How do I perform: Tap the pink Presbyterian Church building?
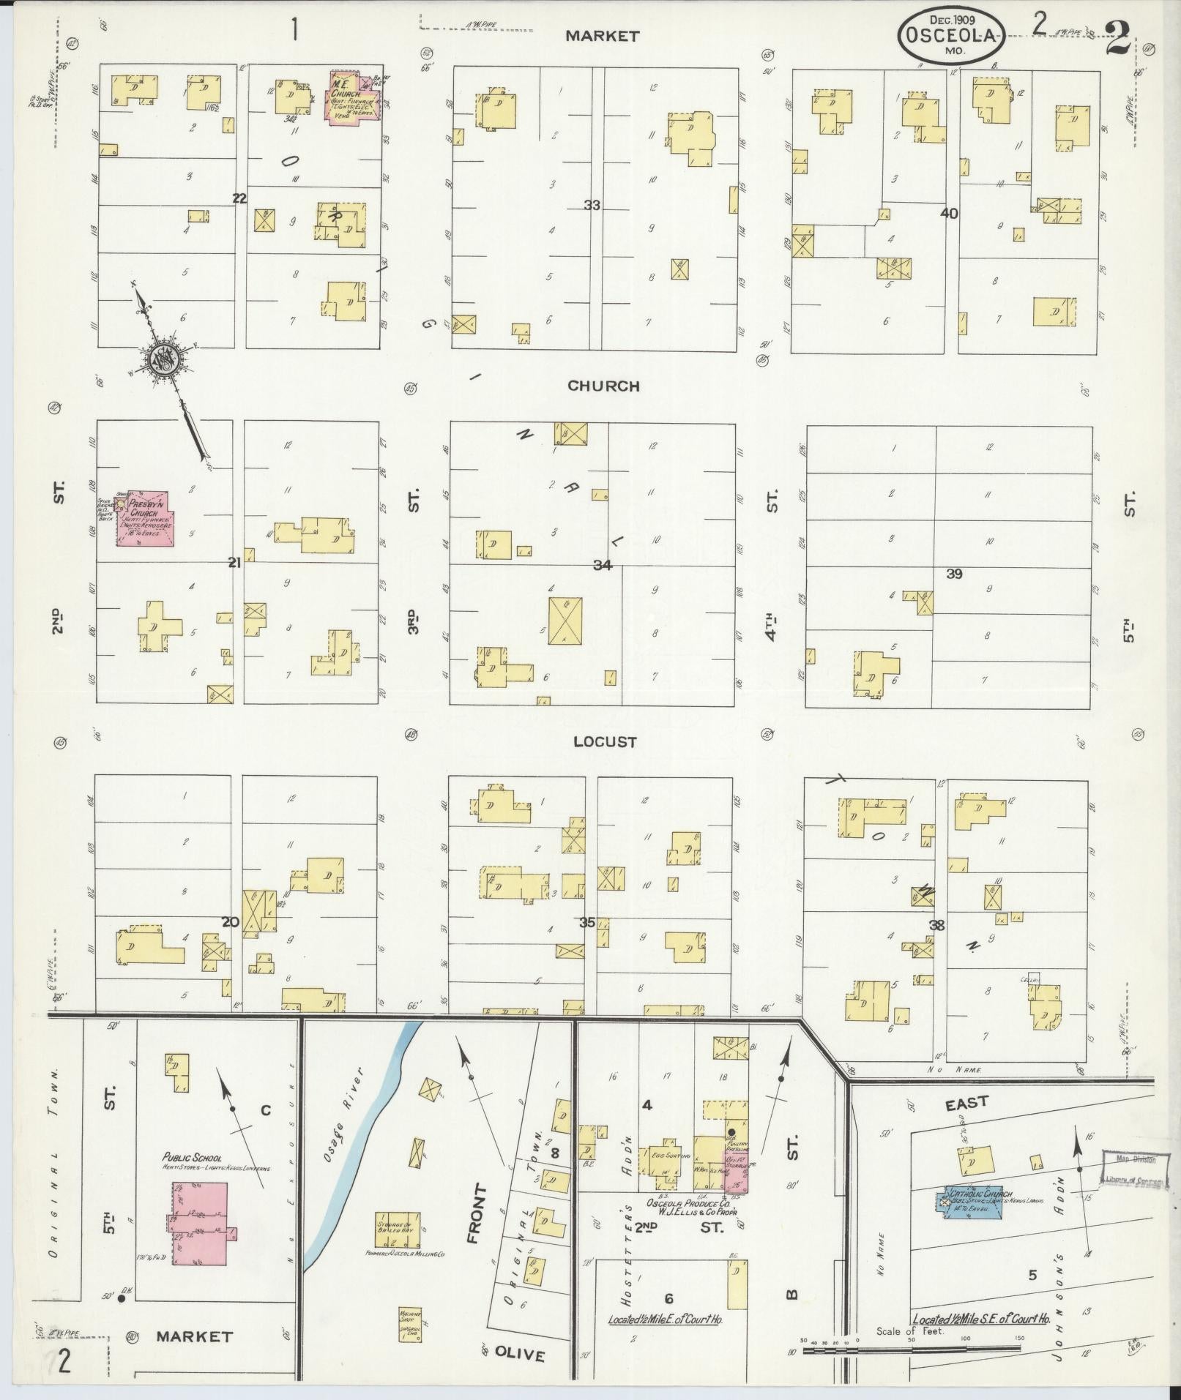tap(144, 518)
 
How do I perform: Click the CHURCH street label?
tap(603, 386)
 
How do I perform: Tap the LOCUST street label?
tap(605, 741)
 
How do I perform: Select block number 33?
tap(592, 206)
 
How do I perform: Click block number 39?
tap(953, 574)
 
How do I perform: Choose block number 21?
tap(234, 562)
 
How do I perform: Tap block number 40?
tap(949, 214)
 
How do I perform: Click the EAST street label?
tap(966, 1101)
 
